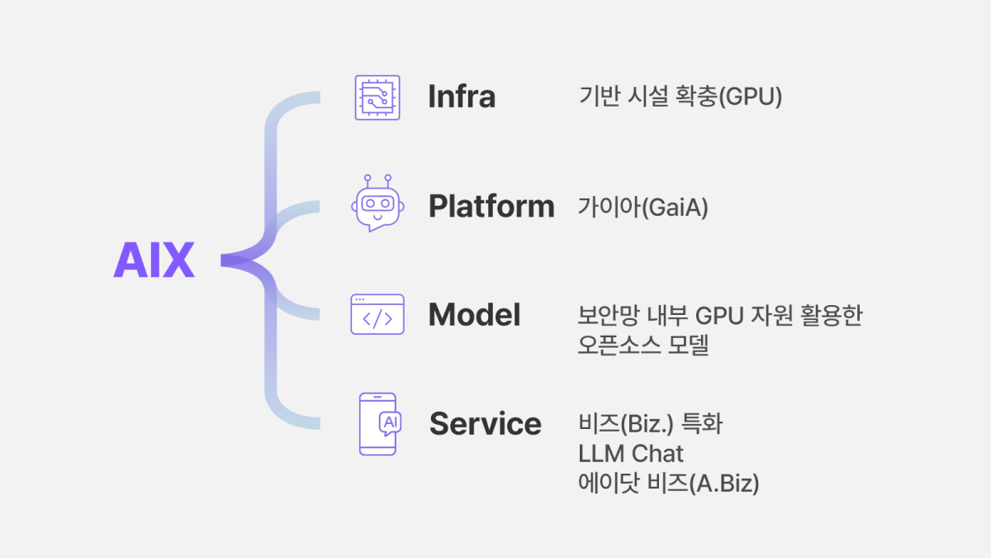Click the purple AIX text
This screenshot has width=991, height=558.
(x=154, y=260)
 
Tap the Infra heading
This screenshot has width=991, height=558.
(x=462, y=97)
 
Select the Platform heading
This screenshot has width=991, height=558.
(x=491, y=206)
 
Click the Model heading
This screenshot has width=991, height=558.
(x=474, y=315)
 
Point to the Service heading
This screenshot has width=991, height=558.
(x=485, y=424)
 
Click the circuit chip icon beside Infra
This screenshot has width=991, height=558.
(x=377, y=98)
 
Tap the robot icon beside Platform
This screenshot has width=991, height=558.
(x=377, y=203)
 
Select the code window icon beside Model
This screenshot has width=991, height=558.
(x=377, y=314)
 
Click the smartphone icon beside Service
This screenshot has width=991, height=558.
(x=378, y=423)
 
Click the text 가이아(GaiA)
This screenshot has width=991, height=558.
(x=643, y=207)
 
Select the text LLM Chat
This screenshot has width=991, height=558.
(x=632, y=453)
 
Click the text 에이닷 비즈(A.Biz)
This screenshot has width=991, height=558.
(x=669, y=483)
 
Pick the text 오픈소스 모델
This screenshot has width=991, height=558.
(x=643, y=346)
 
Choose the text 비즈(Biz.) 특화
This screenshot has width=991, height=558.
(x=651, y=424)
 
